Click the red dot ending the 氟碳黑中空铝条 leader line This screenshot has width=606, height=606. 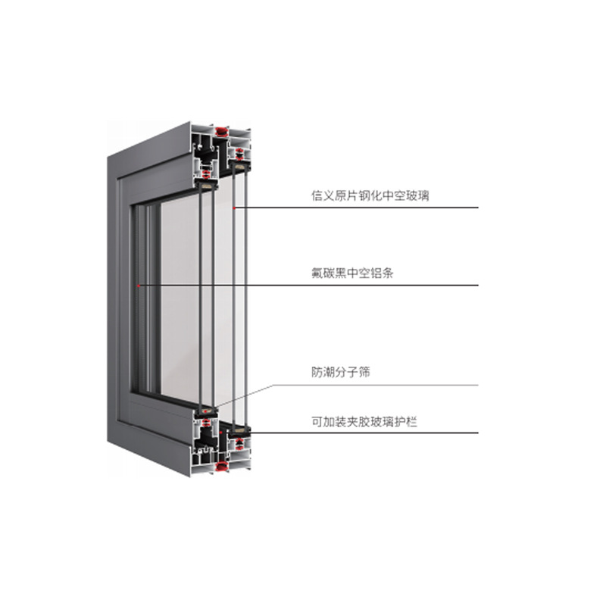pos(139,286)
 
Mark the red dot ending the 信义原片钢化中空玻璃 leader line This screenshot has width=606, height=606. pos(235,208)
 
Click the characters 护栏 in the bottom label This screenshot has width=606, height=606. pos(407,421)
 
